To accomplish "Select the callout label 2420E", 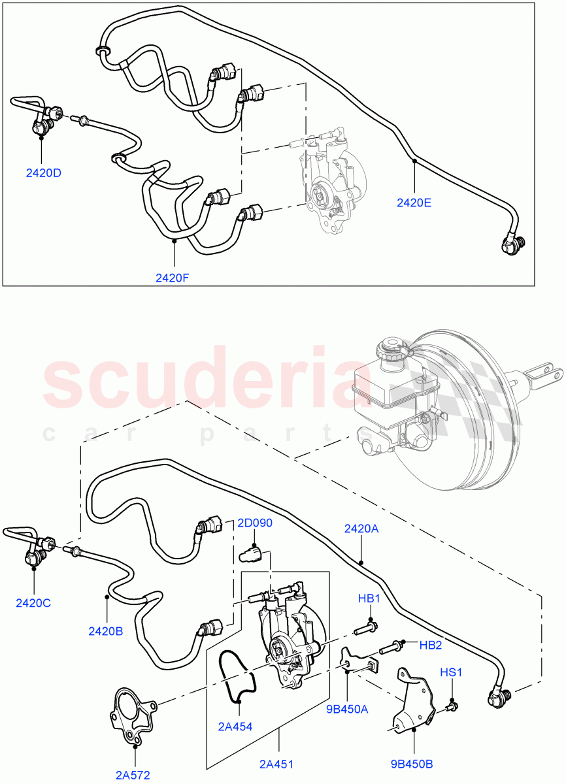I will pyautogui.click(x=414, y=203).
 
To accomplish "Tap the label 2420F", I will pyautogui.click(x=173, y=277).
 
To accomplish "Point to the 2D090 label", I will pyautogui.click(x=255, y=523).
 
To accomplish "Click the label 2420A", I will pyautogui.click(x=361, y=529).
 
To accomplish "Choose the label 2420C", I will pyautogui.click(x=33, y=602).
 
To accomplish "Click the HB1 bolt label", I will pyautogui.click(x=369, y=598).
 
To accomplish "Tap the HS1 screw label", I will pyautogui.click(x=451, y=672).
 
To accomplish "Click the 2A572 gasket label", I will pyautogui.click(x=133, y=776).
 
